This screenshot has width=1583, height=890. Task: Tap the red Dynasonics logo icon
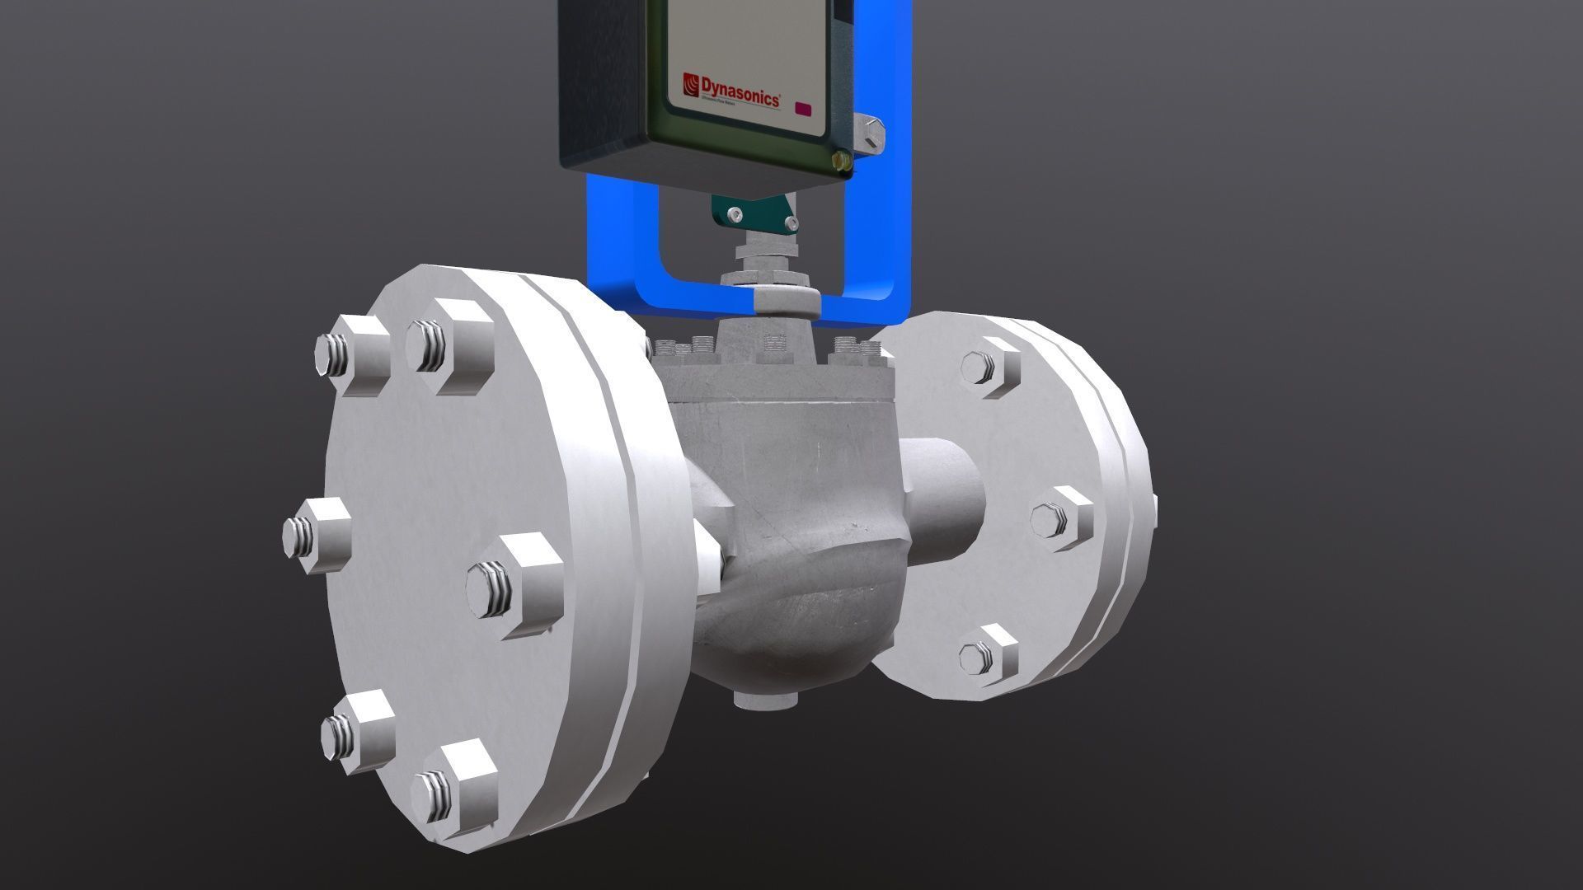coord(691,83)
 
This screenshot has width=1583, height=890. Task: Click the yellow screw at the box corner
coord(842,160)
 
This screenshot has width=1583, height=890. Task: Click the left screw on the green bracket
coord(735,215)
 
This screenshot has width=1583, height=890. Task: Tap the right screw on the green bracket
coord(791,222)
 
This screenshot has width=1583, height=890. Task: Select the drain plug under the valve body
coord(766,700)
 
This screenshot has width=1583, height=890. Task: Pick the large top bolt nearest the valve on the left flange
coord(448,344)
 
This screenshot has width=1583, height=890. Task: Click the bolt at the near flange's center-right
coord(511,586)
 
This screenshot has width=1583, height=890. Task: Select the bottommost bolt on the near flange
coord(452,792)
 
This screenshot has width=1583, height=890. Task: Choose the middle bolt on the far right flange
coord(1060,518)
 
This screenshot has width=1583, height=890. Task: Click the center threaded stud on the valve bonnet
coord(773,345)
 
